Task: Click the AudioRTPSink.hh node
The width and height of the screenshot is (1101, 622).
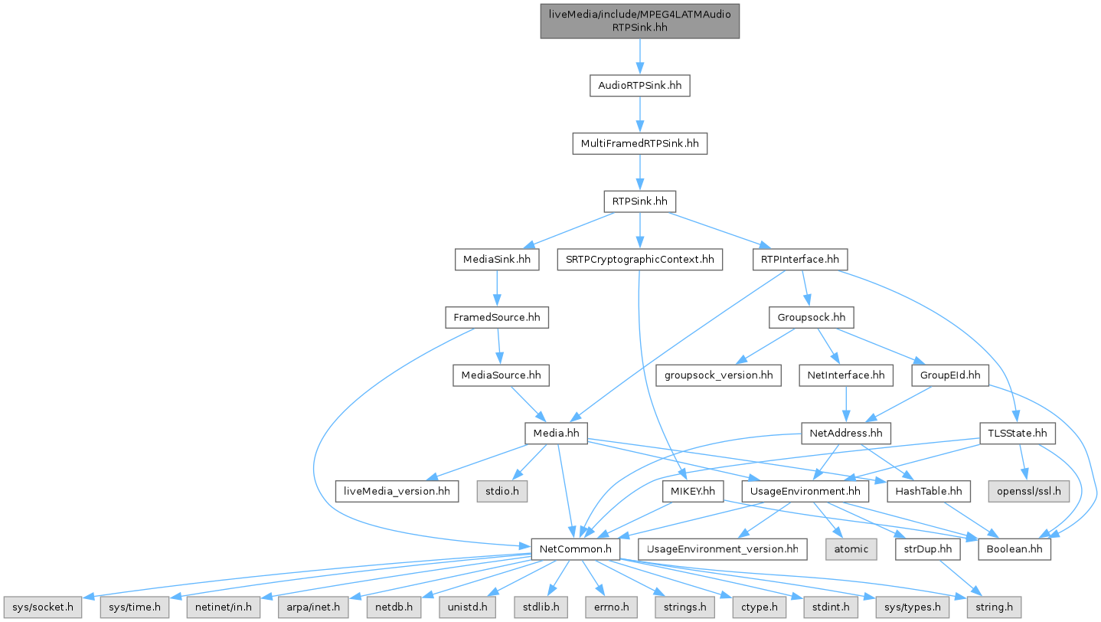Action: [x=639, y=86]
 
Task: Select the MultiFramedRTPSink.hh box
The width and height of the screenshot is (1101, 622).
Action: [x=639, y=143]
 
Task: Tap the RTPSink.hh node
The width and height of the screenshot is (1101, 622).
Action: [x=639, y=202]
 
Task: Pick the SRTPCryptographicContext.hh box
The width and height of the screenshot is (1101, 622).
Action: [x=639, y=260]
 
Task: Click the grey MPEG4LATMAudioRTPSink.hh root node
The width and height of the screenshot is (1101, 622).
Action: [x=639, y=19]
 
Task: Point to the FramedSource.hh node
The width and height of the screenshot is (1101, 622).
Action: [x=498, y=317]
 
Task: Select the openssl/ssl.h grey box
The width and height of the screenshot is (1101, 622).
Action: [x=1028, y=491]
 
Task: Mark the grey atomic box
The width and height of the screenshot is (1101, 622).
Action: [x=851, y=549]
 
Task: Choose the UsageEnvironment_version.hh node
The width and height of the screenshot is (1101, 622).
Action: [x=722, y=549]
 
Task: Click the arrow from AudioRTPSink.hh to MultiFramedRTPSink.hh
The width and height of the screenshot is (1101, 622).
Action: [x=639, y=115]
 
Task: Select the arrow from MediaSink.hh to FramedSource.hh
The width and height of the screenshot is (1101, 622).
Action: [x=498, y=289]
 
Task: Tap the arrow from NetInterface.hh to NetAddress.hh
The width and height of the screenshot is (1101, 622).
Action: [x=845, y=404]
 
